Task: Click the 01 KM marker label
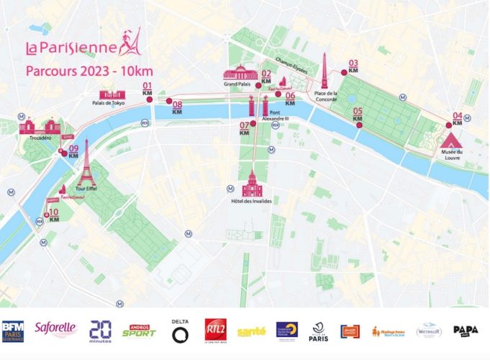tap(148, 90)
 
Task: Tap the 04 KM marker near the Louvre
tap(457, 118)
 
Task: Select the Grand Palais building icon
tap(240, 73)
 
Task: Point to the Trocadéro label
tap(40, 138)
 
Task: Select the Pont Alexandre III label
tap(278, 116)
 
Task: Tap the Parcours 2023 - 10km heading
tap(89, 71)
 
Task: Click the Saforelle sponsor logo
tap(55, 330)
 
